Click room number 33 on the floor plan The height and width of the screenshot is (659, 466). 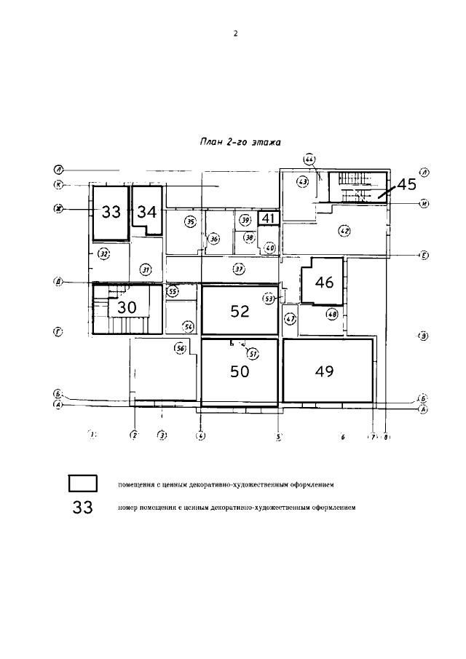tap(111, 212)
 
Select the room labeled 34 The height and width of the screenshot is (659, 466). tap(147, 212)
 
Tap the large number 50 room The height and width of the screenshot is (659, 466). tap(240, 371)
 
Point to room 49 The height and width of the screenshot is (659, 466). tap(325, 371)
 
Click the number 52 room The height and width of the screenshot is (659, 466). tap(240, 312)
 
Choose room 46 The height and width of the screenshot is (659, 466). tap(325, 283)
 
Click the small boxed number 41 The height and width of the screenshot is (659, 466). tap(268, 218)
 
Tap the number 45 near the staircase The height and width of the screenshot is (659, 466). tap(406, 184)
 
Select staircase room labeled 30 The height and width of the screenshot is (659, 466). tap(127, 307)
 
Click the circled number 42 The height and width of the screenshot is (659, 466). tap(344, 231)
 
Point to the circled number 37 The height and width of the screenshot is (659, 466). tap(238, 269)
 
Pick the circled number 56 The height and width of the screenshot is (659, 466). tap(181, 349)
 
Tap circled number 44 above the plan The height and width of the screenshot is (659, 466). tap(309, 159)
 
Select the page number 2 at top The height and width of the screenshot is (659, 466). tap(235, 33)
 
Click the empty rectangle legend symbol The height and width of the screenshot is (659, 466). tap(83, 484)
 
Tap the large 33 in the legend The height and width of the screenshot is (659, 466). tap(83, 508)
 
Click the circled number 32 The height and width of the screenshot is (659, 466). tap(104, 254)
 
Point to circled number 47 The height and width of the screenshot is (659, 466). tap(291, 319)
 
